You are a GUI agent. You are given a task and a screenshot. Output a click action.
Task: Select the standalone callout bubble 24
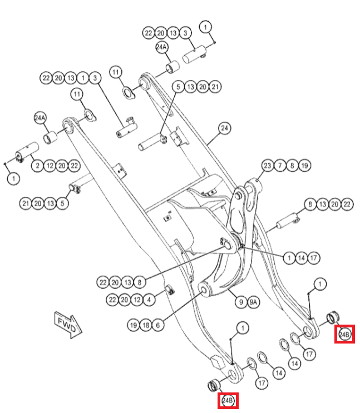point(224,129)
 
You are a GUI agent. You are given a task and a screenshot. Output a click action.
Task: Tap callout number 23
point(268,166)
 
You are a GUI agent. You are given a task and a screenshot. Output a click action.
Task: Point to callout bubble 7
point(280,166)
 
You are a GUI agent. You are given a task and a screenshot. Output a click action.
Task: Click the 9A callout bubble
point(254,302)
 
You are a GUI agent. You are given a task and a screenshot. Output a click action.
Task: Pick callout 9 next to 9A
point(241,302)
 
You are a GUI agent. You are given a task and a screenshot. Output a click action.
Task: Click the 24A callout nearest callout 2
point(41,118)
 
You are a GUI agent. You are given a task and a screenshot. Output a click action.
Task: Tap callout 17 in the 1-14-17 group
point(314,257)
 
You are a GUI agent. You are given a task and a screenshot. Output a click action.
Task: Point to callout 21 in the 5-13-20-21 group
point(215,86)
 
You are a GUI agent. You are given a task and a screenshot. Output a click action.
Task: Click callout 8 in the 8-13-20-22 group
point(310,205)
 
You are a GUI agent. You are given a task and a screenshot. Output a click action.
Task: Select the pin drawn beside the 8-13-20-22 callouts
point(286,222)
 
